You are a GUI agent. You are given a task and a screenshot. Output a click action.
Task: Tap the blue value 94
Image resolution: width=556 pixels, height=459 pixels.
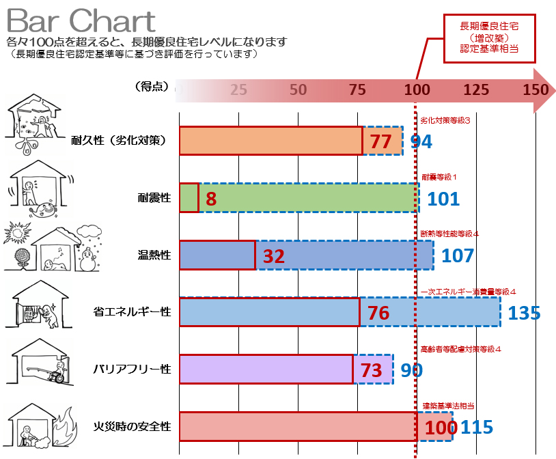pos(421,141)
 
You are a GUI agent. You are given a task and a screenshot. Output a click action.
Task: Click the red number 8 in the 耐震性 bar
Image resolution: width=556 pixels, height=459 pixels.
pos(210,199)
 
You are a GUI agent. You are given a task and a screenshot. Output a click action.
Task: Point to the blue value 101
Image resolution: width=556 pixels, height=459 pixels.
pos(443,199)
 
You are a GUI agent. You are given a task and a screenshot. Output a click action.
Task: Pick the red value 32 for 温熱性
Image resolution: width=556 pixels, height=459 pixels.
pos(273,256)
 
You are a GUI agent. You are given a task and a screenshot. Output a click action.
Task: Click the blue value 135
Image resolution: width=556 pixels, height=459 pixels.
pos(525,314)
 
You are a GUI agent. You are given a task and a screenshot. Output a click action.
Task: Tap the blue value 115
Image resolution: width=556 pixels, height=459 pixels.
pos(477,428)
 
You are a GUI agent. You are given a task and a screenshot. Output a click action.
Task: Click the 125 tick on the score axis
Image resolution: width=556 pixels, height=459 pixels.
pos(476,89)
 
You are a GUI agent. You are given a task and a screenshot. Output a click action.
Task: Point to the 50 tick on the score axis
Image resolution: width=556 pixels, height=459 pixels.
pos(298,89)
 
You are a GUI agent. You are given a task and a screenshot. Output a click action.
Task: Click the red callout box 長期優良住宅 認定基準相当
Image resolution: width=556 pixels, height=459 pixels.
pos(489,38)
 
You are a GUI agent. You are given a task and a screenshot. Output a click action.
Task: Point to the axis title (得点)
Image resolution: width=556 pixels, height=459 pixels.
pos(151,87)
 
